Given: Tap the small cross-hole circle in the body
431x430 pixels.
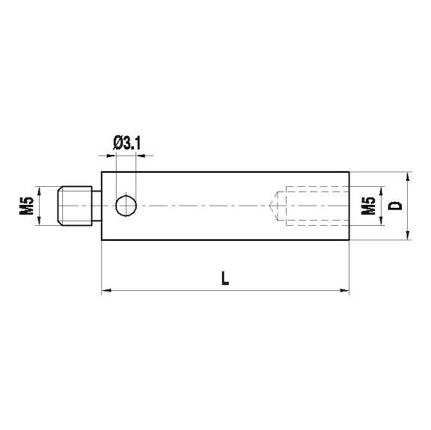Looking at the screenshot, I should [x=126, y=205].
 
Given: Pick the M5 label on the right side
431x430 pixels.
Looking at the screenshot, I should [x=367, y=206].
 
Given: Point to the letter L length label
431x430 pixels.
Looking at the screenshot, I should [x=225, y=278].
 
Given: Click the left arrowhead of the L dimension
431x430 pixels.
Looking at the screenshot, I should [x=106, y=288].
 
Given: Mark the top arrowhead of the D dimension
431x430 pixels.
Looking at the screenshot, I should [x=408, y=176].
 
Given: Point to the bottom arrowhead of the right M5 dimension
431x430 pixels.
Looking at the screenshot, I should [x=380, y=222].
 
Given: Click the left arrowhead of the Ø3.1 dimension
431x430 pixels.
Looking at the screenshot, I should [x=114, y=156].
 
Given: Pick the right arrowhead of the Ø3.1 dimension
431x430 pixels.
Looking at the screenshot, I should [x=138, y=156].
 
